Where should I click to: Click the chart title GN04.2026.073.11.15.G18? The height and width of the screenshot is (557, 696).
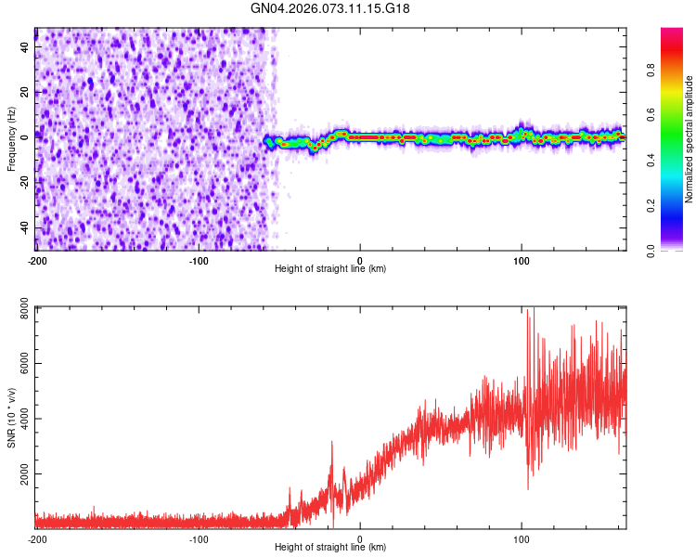[x=330, y=8]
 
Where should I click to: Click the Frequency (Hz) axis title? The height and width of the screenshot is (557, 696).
[x=11, y=139]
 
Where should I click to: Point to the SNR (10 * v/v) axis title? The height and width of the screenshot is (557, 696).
[x=11, y=418]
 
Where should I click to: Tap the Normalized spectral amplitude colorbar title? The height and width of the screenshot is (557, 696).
[x=689, y=139]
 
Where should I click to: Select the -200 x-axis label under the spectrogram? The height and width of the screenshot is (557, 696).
[x=36, y=260]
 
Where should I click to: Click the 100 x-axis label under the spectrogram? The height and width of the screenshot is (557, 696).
[x=522, y=260]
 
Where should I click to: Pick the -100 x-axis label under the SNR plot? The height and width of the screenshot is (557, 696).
[x=198, y=539]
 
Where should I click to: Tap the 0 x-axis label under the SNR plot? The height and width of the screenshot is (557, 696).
[x=360, y=539]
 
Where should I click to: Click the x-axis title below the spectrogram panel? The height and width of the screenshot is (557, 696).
[x=330, y=269]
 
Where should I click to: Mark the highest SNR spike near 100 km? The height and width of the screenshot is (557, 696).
[x=528, y=310]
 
